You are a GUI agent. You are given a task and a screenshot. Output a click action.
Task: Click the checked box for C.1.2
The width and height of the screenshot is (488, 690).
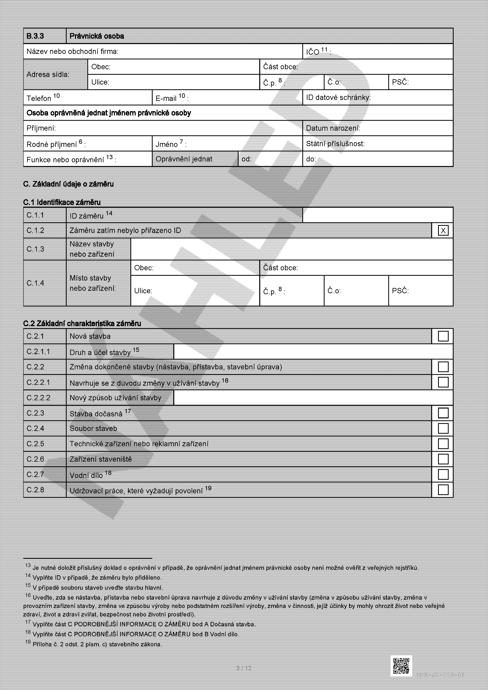(443, 231)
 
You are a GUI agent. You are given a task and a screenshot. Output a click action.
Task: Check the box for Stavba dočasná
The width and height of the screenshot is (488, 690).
(443, 413)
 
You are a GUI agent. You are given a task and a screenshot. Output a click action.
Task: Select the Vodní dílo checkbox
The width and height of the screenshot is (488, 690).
(443, 475)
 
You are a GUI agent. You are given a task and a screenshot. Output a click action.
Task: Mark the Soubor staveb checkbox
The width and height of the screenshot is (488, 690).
(443, 428)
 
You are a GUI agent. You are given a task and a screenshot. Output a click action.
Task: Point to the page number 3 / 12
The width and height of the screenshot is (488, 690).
(244, 668)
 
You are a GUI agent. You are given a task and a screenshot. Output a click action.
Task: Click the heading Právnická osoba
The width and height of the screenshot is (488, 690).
(97, 36)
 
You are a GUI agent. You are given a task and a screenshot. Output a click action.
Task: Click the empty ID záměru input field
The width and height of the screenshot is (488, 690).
(377, 215)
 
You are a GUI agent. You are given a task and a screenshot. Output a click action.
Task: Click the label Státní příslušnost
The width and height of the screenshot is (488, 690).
(335, 144)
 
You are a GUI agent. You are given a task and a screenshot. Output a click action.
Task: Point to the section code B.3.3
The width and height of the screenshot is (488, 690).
(35, 36)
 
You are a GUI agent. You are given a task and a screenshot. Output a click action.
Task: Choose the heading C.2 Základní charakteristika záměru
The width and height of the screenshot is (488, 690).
(82, 323)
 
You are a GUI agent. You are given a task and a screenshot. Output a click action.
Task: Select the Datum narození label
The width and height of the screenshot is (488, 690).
(333, 128)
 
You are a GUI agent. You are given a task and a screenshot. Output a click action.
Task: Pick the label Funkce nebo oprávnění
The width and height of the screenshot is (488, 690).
(71, 159)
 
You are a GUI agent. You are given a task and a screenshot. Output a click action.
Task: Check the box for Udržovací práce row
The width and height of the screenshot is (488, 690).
(443, 490)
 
